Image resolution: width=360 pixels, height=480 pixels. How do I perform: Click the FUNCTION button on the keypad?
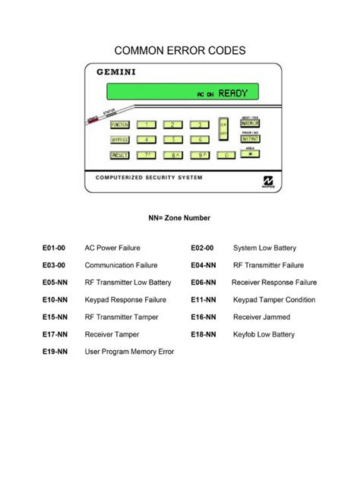point(120,125)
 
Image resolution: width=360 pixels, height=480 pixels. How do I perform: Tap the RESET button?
point(120,155)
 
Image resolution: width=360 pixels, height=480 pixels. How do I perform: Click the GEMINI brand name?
point(116,73)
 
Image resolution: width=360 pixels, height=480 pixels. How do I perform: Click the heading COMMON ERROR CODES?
point(179,50)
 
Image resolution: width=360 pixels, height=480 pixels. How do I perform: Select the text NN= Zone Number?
point(179,218)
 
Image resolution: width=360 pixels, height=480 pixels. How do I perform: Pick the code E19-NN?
point(55,352)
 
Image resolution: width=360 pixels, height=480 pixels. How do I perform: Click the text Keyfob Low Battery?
point(264,334)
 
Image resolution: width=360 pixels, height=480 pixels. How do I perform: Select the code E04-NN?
point(203,265)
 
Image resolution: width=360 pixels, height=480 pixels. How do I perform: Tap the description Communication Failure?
point(121,265)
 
